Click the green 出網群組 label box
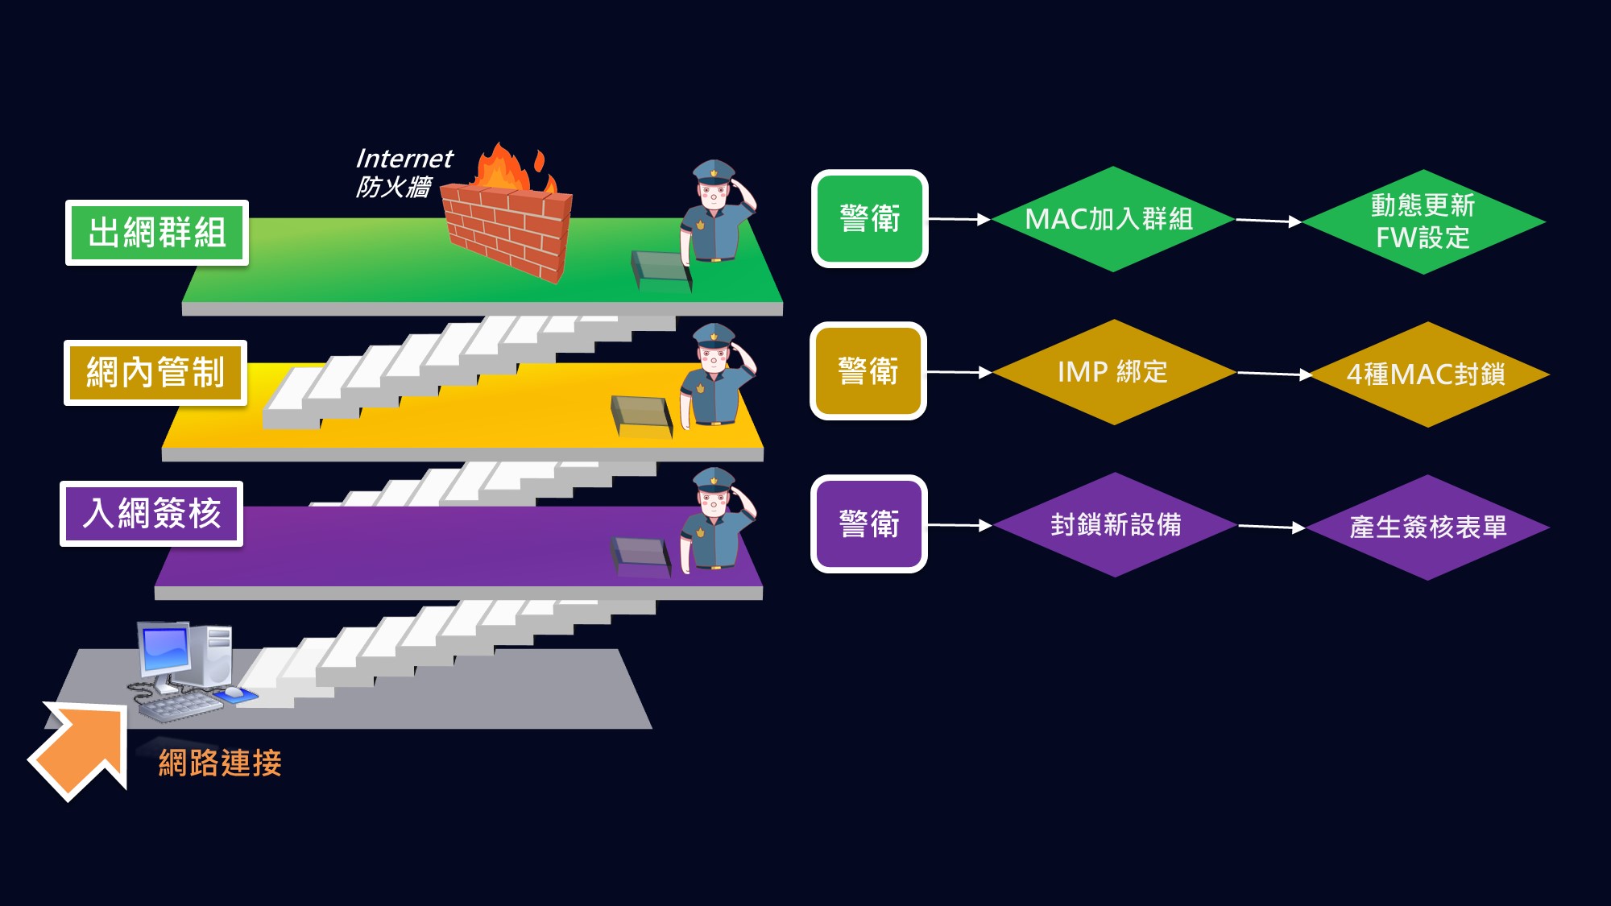[157, 233]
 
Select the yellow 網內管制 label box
[155, 373]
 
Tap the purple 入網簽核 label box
[151, 514]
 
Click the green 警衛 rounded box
[869, 219]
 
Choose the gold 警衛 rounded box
[868, 371]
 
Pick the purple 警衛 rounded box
[868, 524]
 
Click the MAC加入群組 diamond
[1112, 219]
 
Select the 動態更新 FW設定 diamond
[1423, 221]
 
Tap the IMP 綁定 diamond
[1113, 372]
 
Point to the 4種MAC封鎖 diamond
[1427, 374]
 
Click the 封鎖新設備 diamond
[1115, 525]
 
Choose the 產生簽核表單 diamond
[1427, 527]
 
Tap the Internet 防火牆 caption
[403, 172]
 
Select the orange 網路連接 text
[220, 763]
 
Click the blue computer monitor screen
[166, 649]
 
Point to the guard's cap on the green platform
[714, 171]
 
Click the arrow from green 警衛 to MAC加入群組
[959, 219]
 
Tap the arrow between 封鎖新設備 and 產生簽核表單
[1271, 527]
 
